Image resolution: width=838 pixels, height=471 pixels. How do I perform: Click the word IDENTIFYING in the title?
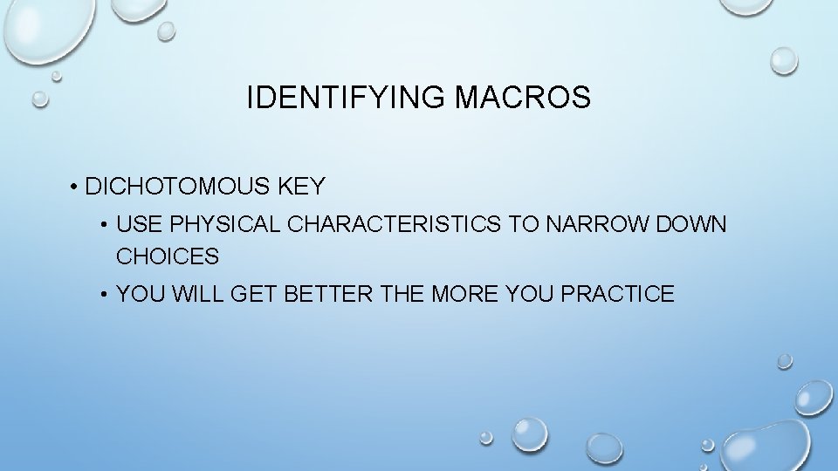pyautogui.click(x=347, y=99)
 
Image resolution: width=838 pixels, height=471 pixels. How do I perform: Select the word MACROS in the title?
pyautogui.click(x=522, y=99)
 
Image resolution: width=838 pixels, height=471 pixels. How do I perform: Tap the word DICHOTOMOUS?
pyautogui.click(x=179, y=187)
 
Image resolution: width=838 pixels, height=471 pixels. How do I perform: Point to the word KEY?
pyautogui.click(x=301, y=187)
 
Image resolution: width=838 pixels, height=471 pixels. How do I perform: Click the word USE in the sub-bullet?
pyautogui.click(x=139, y=224)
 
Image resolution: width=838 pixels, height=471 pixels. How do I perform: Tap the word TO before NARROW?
pyautogui.click(x=524, y=224)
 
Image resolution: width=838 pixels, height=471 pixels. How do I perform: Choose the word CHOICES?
pyautogui.click(x=168, y=256)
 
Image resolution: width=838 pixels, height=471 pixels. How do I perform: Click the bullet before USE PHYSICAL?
pyautogui.click(x=104, y=225)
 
